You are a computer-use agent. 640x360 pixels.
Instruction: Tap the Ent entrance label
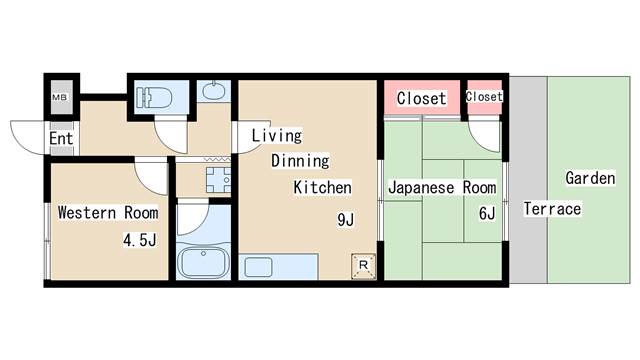60,138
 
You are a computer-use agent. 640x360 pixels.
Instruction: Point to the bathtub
204,263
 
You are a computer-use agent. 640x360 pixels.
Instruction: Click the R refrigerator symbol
363,266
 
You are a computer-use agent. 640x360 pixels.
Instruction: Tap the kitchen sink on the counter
258,268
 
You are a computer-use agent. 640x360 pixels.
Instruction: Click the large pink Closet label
421,98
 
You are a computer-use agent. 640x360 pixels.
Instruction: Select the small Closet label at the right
484,96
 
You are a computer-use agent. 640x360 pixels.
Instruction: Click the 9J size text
345,220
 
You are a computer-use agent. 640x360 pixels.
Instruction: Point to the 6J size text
487,212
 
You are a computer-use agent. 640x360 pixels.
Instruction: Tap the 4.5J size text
140,239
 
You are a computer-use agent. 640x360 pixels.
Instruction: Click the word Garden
590,178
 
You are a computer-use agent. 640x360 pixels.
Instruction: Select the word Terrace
552,209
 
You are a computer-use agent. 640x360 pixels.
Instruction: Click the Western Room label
107,212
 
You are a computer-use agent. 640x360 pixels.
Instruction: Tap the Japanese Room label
441,187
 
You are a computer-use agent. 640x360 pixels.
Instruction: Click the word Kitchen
322,187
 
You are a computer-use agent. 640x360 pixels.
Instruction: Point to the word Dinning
301,161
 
